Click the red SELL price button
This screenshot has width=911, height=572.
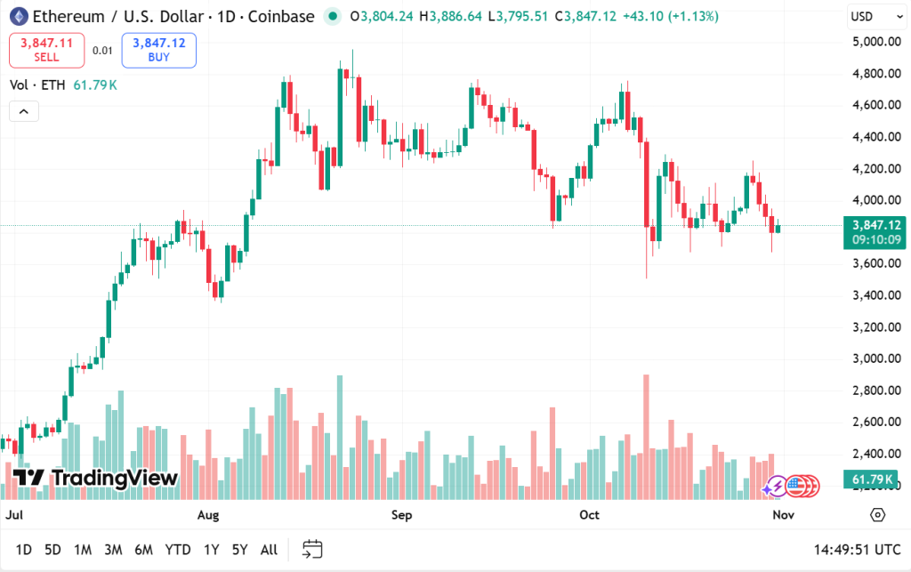pos(47,50)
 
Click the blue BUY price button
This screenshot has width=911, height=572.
pos(159,50)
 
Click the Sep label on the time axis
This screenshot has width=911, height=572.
pos(402,515)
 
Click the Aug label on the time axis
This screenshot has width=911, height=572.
pos(208,515)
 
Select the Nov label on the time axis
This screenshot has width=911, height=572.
pos(783,515)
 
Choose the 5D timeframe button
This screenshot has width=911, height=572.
pos(53,550)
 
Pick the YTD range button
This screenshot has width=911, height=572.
pos(178,550)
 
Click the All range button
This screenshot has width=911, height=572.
pos(269,550)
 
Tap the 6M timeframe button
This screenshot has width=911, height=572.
pos(143,550)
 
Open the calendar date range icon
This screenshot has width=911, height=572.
pos(312,549)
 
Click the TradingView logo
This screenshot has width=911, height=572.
pos(97,478)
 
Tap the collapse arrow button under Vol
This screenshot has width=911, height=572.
pos(23,111)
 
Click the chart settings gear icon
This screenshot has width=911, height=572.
pos(878,515)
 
